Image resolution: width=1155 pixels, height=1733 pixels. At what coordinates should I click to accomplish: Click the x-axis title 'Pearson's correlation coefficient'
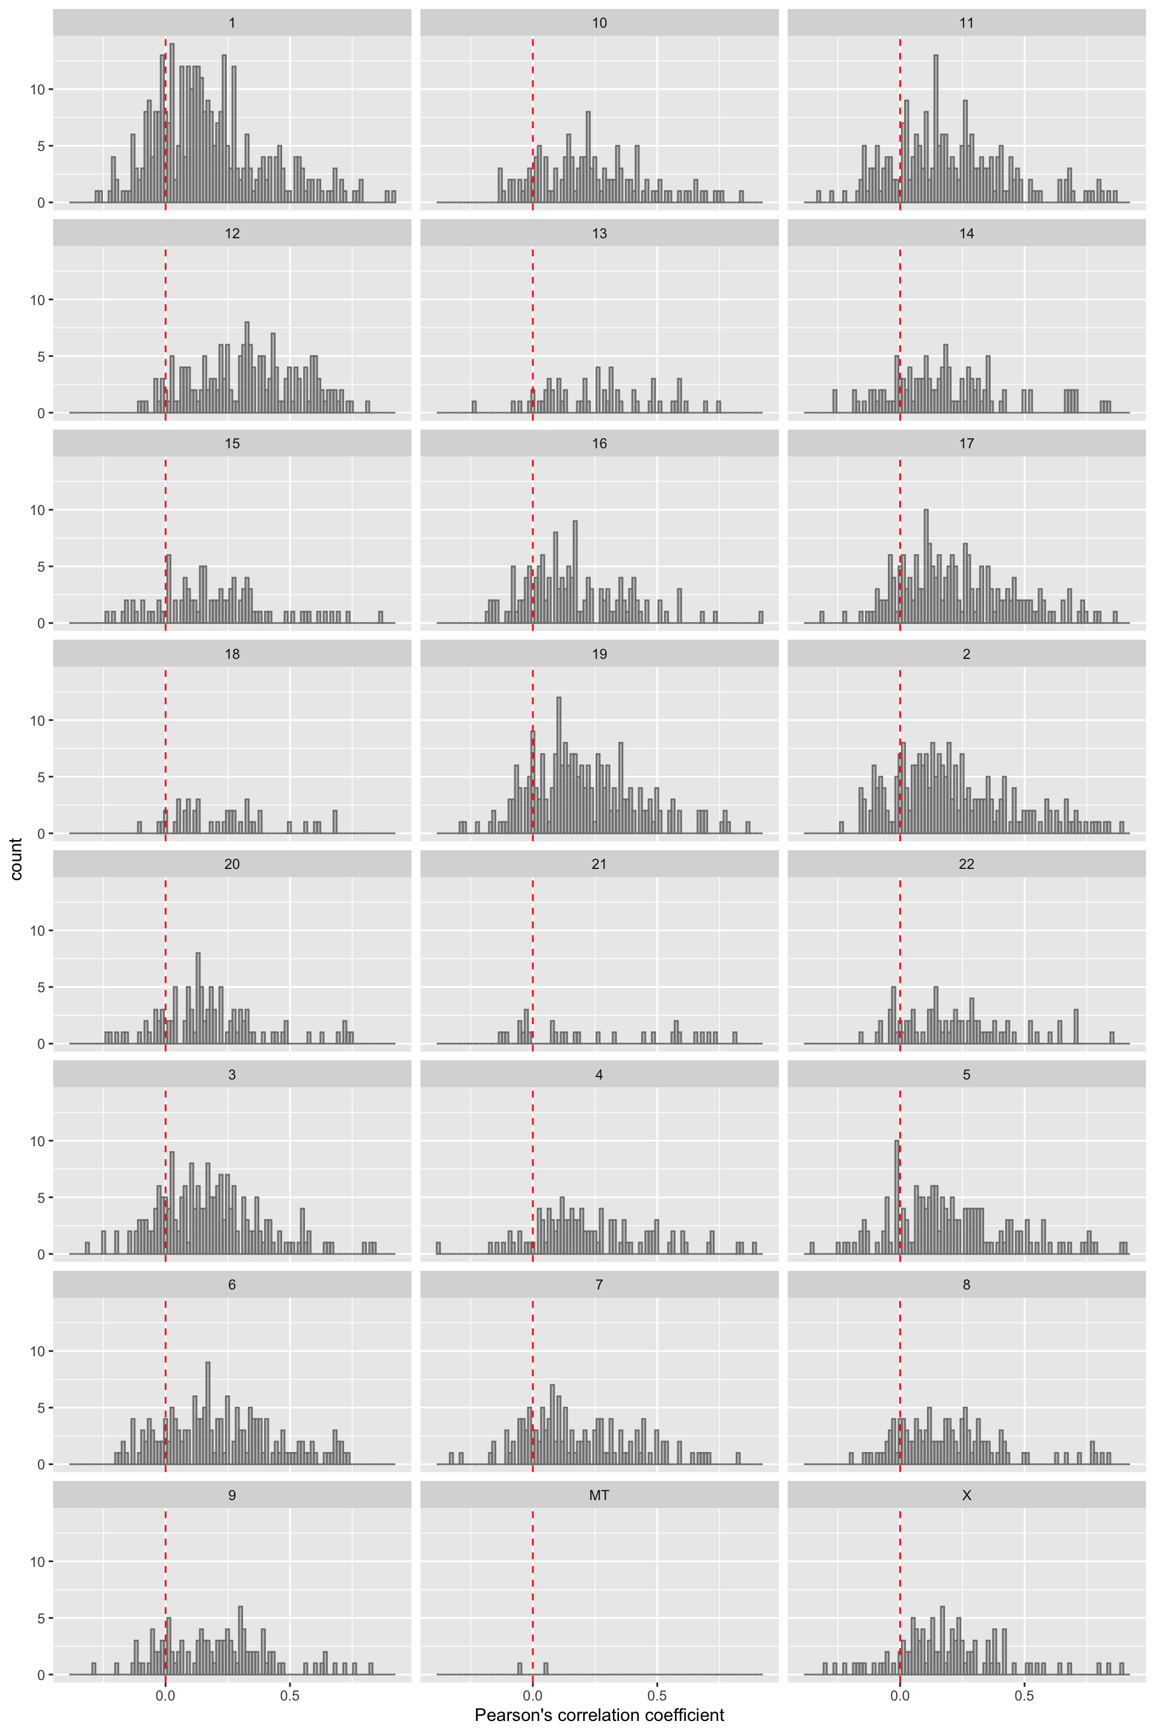(x=599, y=1714)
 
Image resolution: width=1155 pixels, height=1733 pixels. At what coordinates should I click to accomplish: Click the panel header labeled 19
(x=599, y=653)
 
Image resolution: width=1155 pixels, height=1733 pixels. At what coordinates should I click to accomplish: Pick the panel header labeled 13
(x=599, y=233)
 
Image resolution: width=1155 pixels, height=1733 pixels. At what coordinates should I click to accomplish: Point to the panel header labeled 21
(x=599, y=863)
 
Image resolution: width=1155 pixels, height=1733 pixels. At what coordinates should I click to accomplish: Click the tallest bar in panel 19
(x=559, y=766)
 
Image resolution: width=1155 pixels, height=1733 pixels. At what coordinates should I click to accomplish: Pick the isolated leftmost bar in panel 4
(x=439, y=1248)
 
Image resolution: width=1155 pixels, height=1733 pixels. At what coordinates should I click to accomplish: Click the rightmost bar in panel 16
(x=761, y=617)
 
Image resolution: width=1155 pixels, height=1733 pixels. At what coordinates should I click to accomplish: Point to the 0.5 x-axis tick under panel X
(x=1024, y=1696)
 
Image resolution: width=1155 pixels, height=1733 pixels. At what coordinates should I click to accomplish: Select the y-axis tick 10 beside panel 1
(x=37, y=89)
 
